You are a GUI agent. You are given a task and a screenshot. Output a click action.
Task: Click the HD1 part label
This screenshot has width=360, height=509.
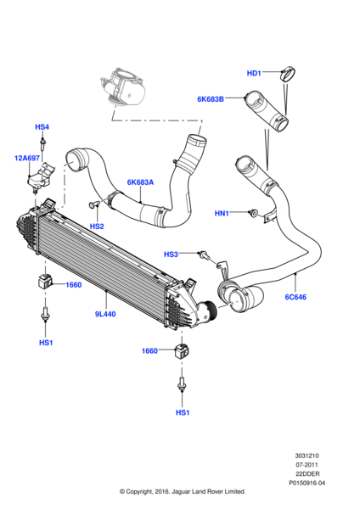tap(254, 73)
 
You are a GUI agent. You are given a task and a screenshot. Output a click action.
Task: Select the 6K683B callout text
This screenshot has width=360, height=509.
tap(210, 99)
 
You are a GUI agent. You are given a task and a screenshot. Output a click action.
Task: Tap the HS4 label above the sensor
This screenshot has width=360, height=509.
tap(42, 127)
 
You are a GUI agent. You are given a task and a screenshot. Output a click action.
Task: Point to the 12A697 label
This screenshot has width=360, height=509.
tap(26, 158)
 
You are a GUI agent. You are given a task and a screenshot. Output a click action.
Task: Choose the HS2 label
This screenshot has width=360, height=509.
tap(97, 227)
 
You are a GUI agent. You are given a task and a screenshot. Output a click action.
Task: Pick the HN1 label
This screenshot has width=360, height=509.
tap(222, 214)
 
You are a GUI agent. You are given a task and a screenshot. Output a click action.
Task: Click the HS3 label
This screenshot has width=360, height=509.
tap(171, 254)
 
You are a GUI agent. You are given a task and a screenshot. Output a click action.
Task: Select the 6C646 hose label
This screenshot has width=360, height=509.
tap(294, 298)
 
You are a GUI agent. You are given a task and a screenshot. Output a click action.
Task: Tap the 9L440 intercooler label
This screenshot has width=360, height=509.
tap(105, 314)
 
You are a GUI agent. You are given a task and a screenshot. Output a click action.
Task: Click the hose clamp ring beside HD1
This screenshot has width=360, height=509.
tap(288, 74)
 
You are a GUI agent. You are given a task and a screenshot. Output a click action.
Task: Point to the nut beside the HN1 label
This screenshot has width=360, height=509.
tap(253, 213)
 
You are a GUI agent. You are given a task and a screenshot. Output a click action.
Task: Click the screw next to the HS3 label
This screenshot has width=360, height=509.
tap(203, 253)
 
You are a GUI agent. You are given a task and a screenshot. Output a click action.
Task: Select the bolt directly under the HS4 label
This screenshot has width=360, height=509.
tap(42, 148)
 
